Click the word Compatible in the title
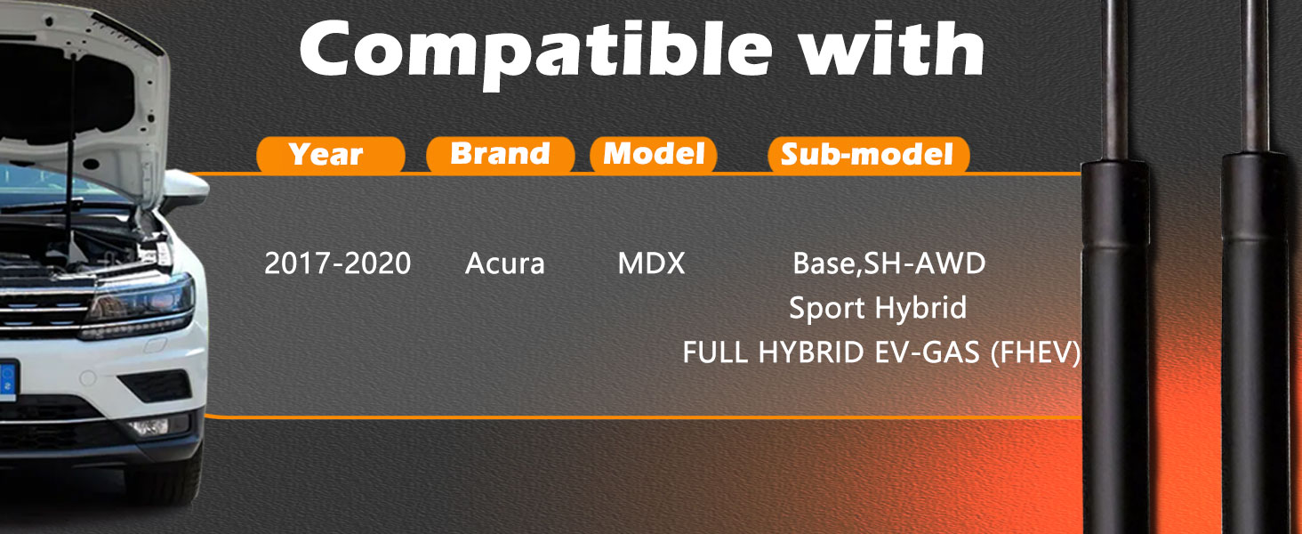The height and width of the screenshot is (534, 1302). click(x=534, y=53)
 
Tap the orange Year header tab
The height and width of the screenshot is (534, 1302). click(x=330, y=155)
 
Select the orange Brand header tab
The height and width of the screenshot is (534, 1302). click(x=500, y=154)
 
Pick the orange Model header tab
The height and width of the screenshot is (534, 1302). click(x=654, y=154)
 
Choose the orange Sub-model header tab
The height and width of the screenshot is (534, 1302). click(x=868, y=155)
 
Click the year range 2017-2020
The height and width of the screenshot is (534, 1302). click(x=338, y=263)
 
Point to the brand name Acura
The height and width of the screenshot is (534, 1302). click(x=504, y=263)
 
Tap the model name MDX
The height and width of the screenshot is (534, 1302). click(x=651, y=263)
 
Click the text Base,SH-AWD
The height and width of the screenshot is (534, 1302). click(x=888, y=263)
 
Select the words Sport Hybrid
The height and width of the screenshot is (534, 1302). click(x=878, y=308)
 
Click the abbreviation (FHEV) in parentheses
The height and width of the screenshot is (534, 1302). click(x=1035, y=352)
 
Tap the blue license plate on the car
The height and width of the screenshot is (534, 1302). click(x=8, y=381)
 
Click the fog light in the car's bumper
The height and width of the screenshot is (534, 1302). click(x=149, y=427)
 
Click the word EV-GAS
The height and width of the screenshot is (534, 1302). click(x=927, y=352)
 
